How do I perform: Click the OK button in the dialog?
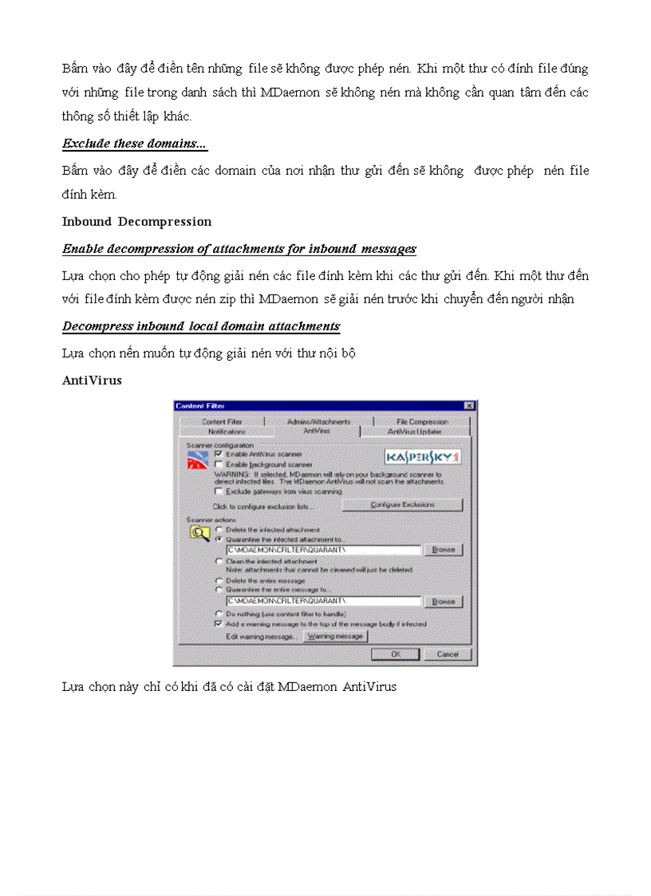click(x=395, y=654)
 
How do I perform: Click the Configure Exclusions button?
click(x=402, y=505)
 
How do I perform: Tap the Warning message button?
click(x=335, y=636)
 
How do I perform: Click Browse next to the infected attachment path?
click(x=443, y=550)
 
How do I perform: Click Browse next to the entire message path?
click(x=443, y=602)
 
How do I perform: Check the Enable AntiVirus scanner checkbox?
click(x=219, y=453)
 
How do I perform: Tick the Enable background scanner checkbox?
click(x=219, y=464)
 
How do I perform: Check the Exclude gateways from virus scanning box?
click(x=219, y=491)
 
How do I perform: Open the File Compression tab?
click(x=422, y=421)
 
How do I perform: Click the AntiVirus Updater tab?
click(x=415, y=432)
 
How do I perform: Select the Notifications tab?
click(x=227, y=432)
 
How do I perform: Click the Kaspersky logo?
click(x=423, y=457)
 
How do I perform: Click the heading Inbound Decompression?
click(x=136, y=222)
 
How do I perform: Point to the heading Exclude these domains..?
click(x=135, y=144)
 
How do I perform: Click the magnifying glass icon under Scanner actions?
click(x=198, y=533)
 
